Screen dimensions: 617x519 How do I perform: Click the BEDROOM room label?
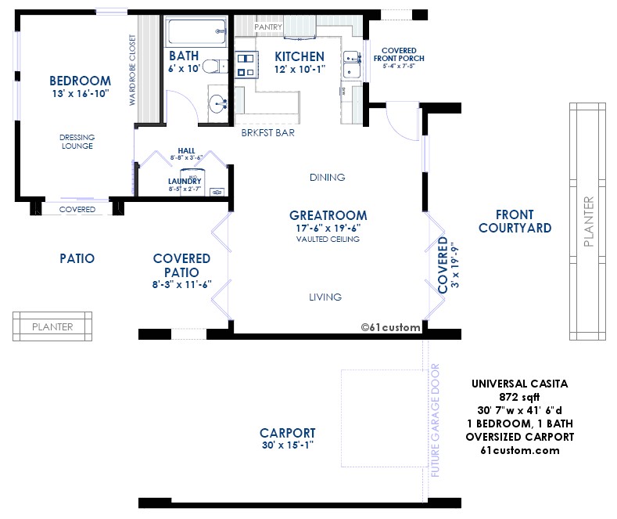click(81, 81)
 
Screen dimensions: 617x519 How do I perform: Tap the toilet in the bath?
click(214, 67)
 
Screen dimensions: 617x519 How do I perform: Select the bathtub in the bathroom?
click(197, 31)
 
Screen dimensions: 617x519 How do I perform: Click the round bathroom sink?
click(217, 104)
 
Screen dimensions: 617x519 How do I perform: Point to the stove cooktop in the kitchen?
click(246, 65)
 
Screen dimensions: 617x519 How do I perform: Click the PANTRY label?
click(268, 27)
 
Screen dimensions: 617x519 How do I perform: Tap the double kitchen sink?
click(351, 64)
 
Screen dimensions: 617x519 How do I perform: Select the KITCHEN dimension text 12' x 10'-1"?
click(300, 70)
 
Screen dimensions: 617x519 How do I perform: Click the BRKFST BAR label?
click(268, 133)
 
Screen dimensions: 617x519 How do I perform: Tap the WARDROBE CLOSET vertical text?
click(132, 70)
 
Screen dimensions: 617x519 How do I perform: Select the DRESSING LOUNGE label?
click(77, 142)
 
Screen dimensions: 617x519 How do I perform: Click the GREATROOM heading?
click(328, 215)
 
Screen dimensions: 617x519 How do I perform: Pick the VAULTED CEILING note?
click(328, 239)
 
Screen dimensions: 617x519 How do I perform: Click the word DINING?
click(328, 177)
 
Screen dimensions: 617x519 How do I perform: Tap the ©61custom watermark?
click(390, 327)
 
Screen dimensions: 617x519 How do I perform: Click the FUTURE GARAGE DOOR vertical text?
click(435, 420)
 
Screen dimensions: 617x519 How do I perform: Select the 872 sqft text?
click(519, 397)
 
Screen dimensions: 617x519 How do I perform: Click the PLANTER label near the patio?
click(52, 327)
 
